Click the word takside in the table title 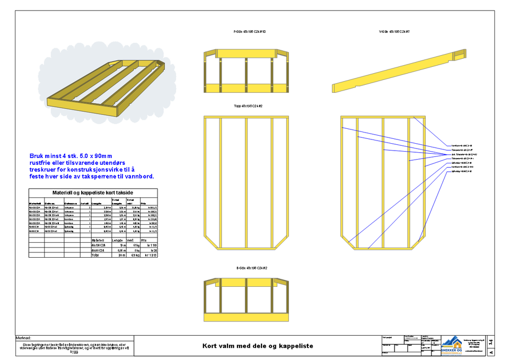click(x=124, y=193)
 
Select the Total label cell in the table click(x=95, y=255)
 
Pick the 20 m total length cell click(x=120, y=255)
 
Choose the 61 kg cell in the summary click(x=135, y=245)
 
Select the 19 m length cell click(x=121, y=245)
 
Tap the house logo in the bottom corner click(x=452, y=345)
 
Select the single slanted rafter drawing click(x=398, y=72)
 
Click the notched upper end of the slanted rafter click(x=459, y=54)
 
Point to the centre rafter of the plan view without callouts click(x=247, y=183)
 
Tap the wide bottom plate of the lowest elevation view click(x=246, y=317)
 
